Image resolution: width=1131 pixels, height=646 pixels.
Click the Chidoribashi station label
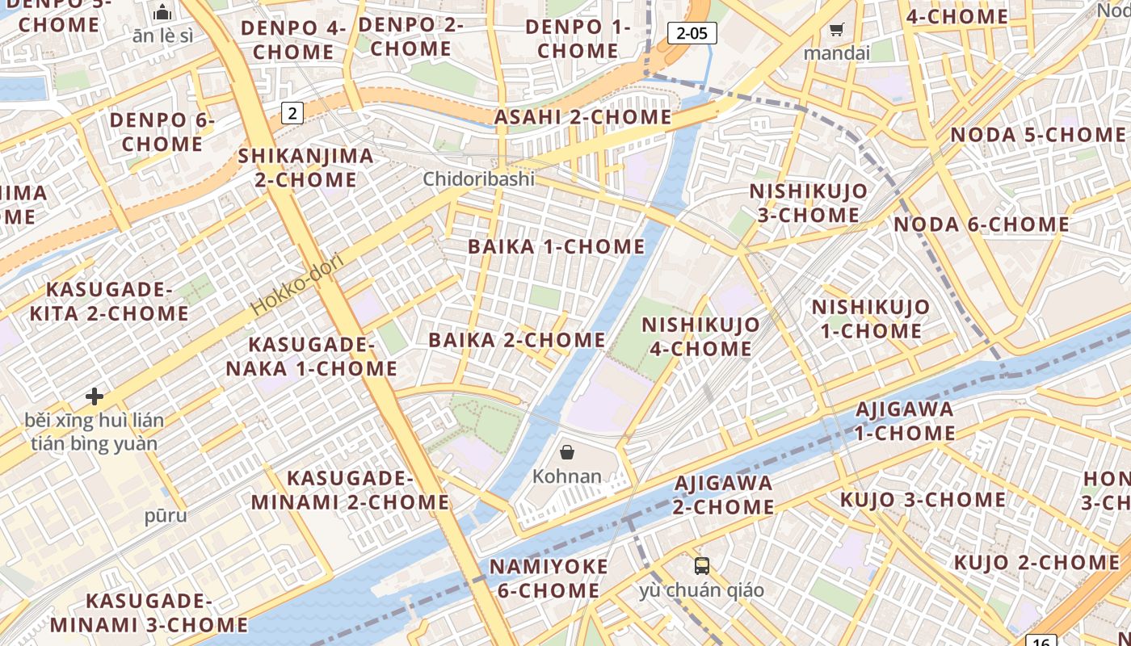(478, 178)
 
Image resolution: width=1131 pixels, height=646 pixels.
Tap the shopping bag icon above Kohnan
(567, 452)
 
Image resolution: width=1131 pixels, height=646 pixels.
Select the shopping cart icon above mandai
(836, 30)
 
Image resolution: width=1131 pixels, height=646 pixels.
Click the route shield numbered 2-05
(692, 33)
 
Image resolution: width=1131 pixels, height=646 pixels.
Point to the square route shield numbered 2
(292, 113)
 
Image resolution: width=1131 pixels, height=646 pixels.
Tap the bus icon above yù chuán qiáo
(701, 566)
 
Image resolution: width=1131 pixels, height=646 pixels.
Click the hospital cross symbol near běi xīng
(95, 396)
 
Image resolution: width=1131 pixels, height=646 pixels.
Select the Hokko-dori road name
(297, 284)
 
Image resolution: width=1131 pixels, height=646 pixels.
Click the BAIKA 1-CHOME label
(557, 246)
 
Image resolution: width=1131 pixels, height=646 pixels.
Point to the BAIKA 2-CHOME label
(517, 340)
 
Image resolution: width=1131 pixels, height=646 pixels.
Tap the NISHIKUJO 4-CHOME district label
(700, 337)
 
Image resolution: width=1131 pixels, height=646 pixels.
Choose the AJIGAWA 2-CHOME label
(723, 495)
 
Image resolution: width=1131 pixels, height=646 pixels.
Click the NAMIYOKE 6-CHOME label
(549, 578)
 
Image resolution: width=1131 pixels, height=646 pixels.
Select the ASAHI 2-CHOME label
(582, 117)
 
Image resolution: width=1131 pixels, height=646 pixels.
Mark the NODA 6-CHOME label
(982, 224)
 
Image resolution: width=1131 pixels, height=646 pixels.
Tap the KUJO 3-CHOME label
(923, 499)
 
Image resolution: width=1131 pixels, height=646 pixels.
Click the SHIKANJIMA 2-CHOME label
(306, 167)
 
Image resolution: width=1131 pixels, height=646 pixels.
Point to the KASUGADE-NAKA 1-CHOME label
(311, 357)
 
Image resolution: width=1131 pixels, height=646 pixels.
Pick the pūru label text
(166, 515)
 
